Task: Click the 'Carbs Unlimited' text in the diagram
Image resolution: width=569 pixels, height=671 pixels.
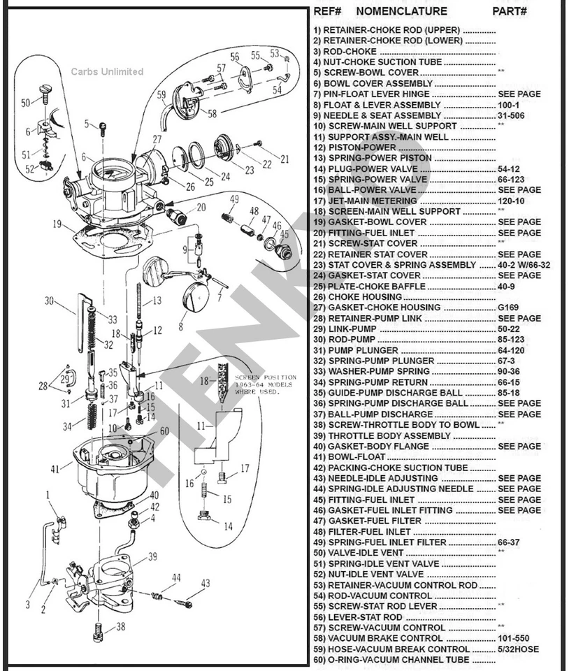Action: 107,71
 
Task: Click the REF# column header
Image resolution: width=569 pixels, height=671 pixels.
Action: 327,11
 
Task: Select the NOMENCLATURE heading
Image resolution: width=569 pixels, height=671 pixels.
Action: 401,11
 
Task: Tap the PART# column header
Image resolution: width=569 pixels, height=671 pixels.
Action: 510,11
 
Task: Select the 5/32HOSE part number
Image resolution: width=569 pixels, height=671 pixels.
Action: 518,649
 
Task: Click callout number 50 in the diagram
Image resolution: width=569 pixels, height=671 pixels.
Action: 25,103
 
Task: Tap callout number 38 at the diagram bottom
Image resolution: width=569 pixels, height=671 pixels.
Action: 122,626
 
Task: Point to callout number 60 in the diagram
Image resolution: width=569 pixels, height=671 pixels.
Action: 164,431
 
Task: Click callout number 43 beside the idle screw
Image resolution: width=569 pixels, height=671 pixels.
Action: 205,583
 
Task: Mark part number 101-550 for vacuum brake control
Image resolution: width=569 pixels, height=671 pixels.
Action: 518,638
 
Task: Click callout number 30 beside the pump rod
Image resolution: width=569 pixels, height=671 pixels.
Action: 49,301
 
